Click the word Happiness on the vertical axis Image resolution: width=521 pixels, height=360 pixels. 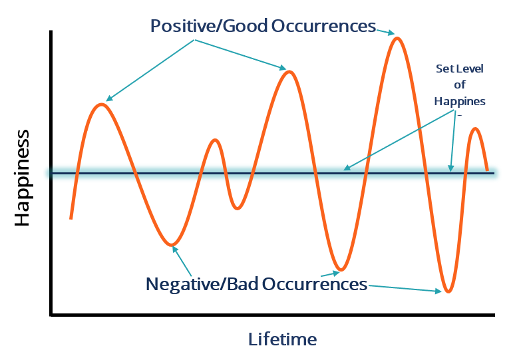click(22, 178)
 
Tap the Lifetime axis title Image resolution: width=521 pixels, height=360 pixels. click(282, 339)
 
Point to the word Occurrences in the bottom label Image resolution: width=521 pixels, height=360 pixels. click(315, 284)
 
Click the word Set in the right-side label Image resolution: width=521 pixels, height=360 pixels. click(444, 69)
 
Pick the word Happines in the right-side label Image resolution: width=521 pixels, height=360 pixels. click(460, 101)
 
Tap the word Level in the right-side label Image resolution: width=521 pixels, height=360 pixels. click(470, 69)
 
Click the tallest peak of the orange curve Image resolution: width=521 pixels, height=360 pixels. click(397, 38)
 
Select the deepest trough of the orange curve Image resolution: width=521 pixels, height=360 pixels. click(449, 291)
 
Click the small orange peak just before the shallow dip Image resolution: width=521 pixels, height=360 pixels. click(214, 140)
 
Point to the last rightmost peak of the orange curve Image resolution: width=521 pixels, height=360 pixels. click(475, 128)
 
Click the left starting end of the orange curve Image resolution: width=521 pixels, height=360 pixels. click(71, 218)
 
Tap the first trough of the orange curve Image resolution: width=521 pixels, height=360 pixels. click(172, 244)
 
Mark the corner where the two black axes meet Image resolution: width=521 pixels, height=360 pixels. click(51, 315)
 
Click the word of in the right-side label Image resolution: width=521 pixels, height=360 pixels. click(460, 85)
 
